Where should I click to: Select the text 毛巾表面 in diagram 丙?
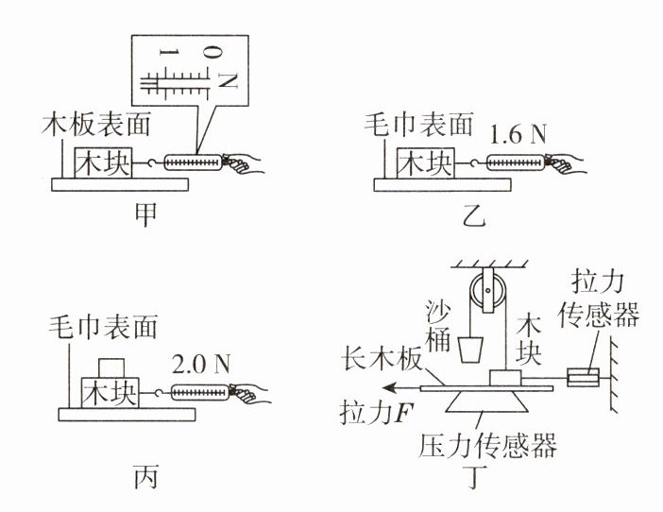point(102,327)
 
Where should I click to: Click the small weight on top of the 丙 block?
point(112,366)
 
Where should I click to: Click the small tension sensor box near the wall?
point(583,380)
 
